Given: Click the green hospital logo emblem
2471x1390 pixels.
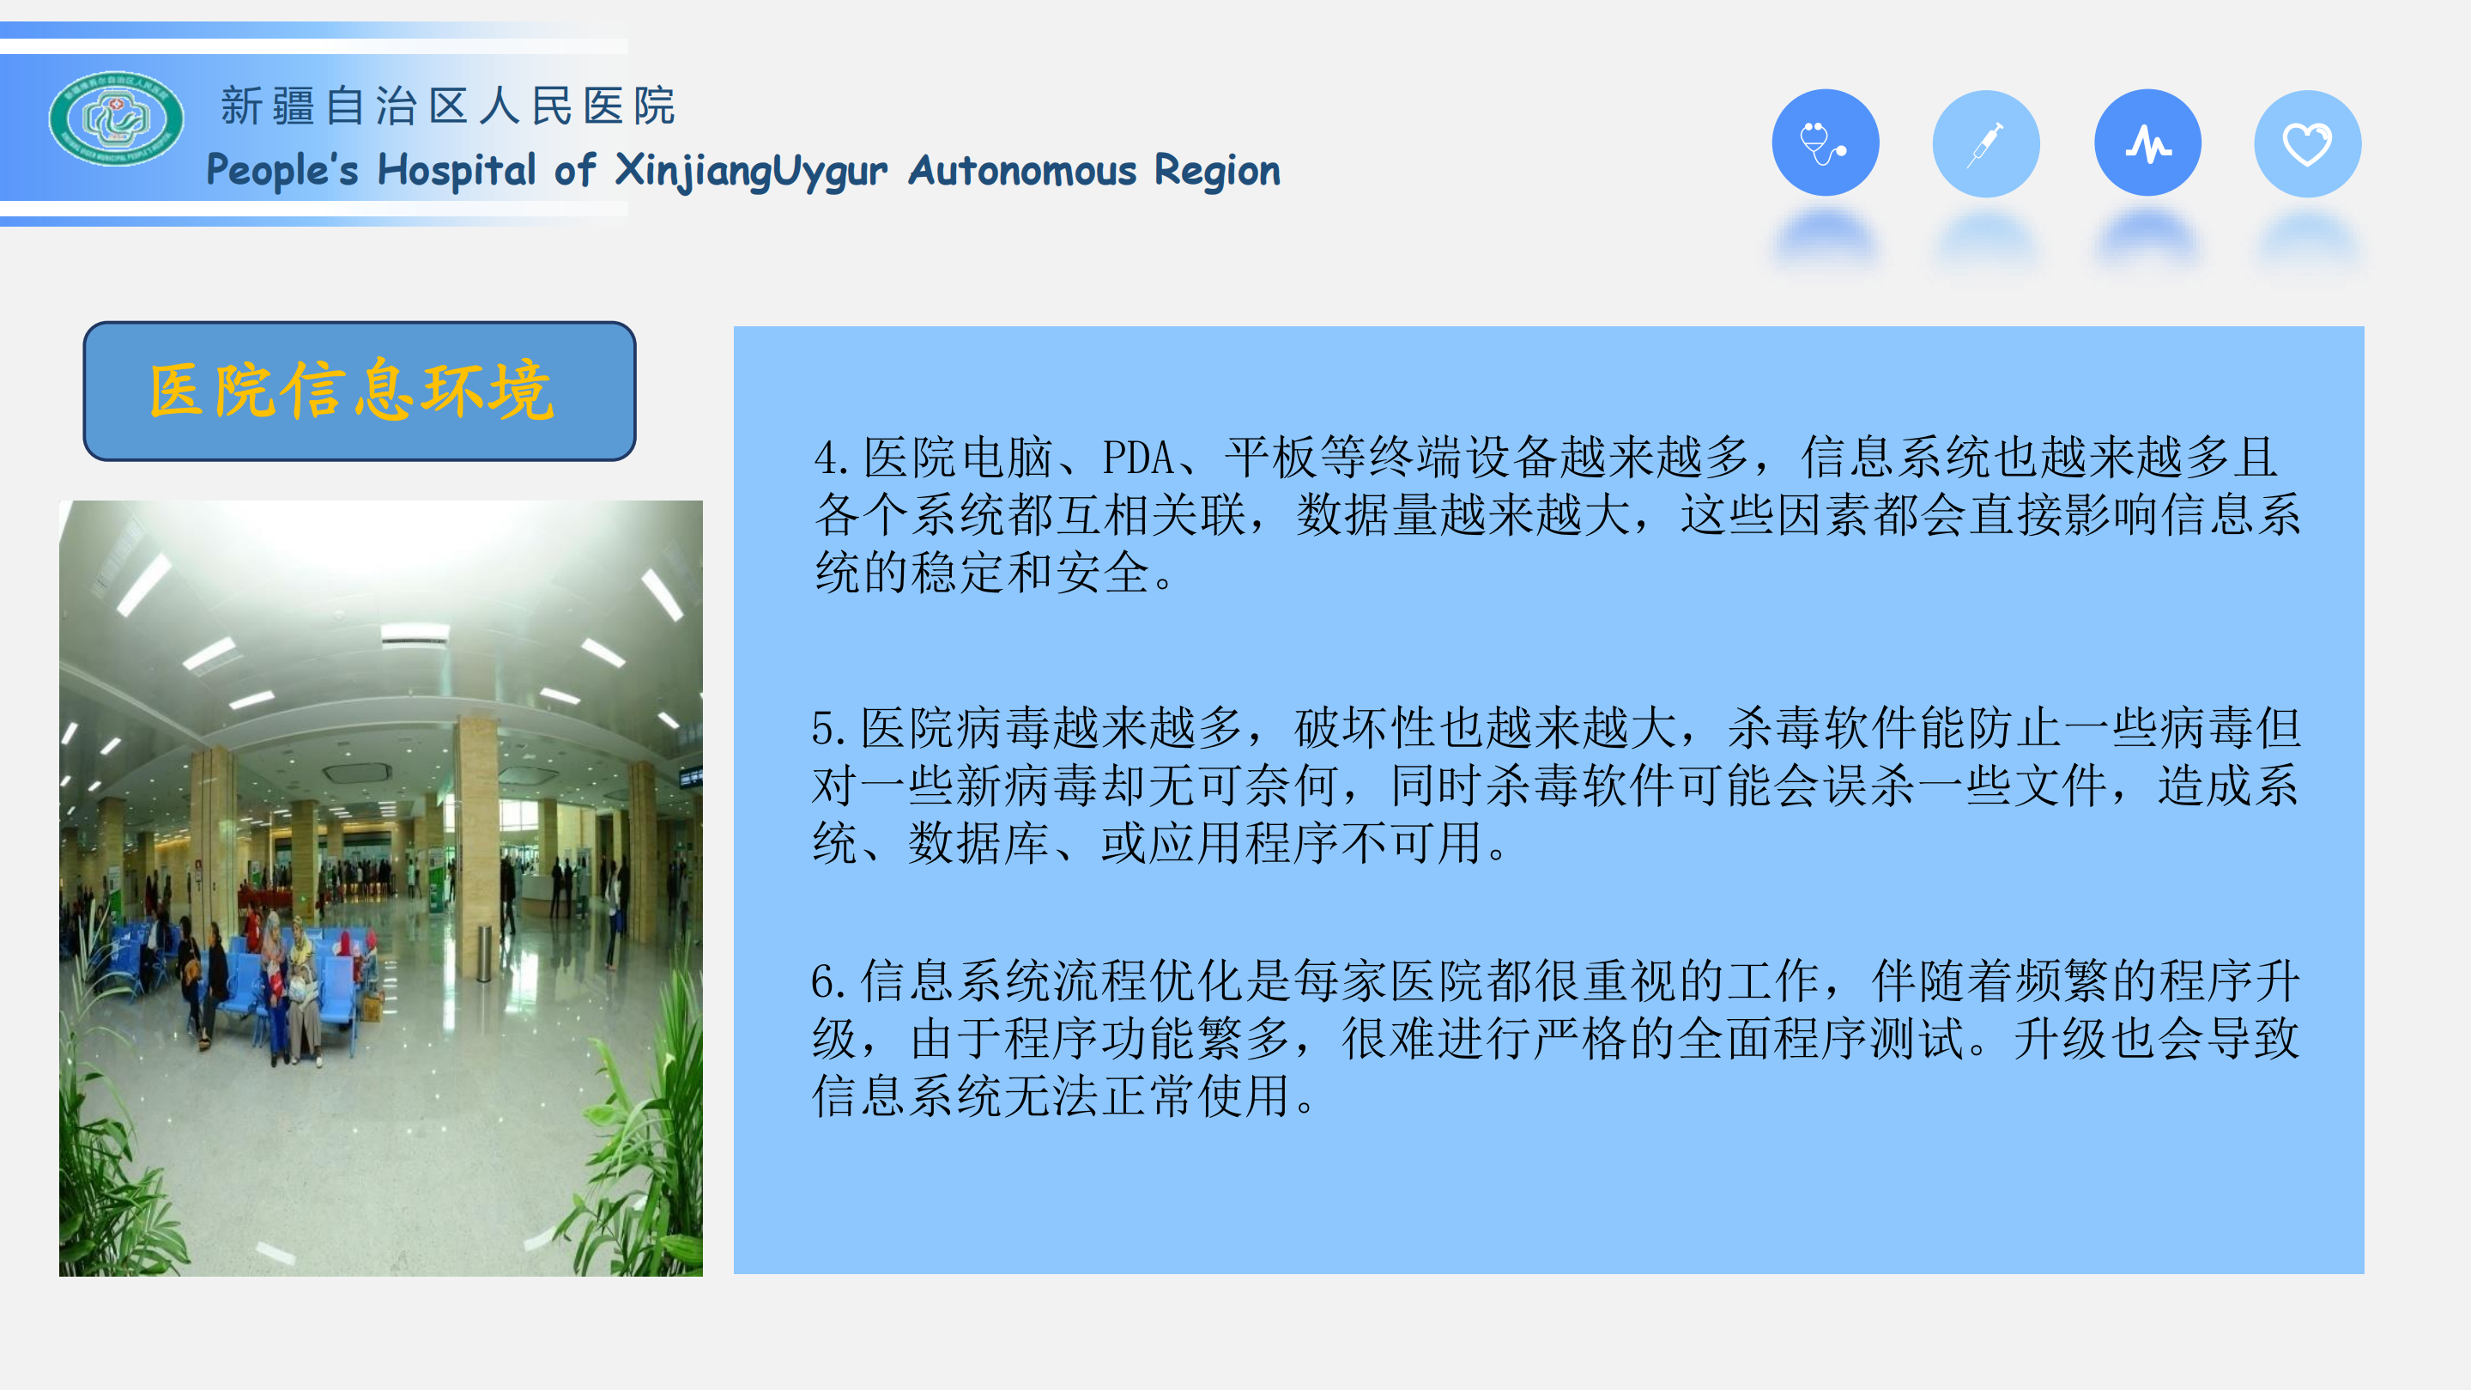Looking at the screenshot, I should [116, 119].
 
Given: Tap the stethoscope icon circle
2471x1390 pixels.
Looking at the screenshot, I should [1825, 143].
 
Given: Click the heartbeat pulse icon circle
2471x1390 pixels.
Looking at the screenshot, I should [2147, 143].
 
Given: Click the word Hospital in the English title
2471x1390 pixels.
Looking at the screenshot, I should [456, 171].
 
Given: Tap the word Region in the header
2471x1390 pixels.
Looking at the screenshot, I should [1216, 171].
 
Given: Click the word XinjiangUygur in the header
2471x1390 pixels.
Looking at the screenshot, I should [750, 171].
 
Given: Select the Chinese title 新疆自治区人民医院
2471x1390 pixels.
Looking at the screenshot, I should [448, 106].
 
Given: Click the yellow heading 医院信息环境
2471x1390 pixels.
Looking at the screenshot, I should [352, 391].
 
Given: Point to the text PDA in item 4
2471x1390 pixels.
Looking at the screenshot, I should [1138, 458].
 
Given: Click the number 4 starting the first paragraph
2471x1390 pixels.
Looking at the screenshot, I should [824, 458].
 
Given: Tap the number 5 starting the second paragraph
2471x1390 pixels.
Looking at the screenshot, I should [822, 728].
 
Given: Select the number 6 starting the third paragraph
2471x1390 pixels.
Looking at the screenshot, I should [822, 980].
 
